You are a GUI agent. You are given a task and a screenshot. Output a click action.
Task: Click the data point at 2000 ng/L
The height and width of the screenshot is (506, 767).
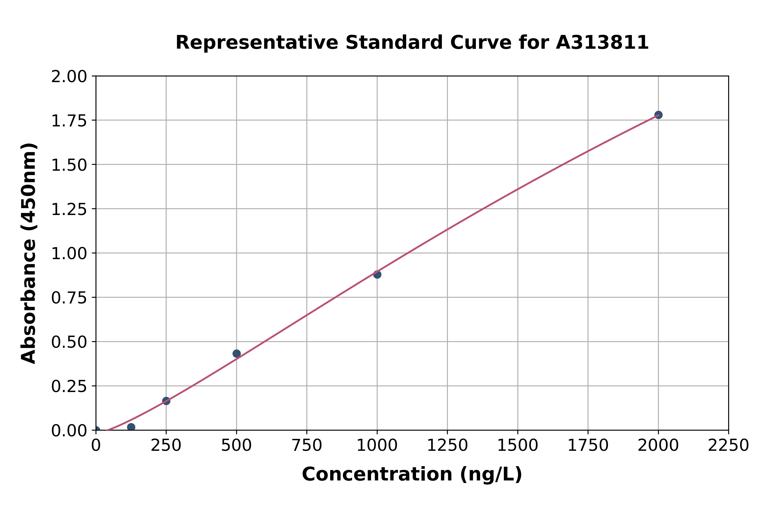coord(658,115)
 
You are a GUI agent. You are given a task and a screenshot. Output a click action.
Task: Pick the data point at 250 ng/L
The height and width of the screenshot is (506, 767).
coord(166,401)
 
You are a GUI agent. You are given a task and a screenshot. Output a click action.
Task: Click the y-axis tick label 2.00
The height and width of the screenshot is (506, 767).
coord(69,77)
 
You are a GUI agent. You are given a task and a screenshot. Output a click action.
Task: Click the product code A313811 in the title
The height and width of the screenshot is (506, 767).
coord(602,43)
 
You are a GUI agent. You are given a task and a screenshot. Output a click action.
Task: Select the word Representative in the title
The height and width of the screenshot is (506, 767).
coord(257,43)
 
